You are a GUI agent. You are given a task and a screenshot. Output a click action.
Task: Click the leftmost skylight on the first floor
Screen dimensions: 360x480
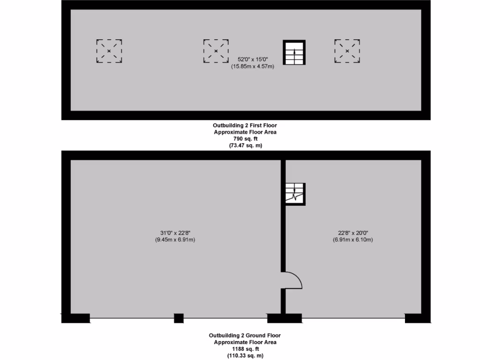[109, 51]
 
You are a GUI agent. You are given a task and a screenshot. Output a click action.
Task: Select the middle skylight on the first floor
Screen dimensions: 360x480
[216, 51]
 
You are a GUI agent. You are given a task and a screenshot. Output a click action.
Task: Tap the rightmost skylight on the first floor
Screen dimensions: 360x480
[347, 51]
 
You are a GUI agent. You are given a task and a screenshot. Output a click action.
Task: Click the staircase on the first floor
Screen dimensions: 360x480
[294, 52]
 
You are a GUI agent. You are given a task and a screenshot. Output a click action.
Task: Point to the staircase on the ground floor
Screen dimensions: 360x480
[295, 194]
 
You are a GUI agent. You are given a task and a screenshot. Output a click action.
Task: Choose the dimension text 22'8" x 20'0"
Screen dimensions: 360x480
[350, 233]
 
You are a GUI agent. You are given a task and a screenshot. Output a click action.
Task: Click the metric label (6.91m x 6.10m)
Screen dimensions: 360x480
[350, 240]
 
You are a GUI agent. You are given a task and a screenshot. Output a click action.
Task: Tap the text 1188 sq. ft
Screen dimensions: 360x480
[244, 349]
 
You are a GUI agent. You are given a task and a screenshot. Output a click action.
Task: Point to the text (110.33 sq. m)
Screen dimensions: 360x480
[244, 356]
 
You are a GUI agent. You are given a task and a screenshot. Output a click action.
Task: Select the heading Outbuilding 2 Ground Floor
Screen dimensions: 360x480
[244, 336]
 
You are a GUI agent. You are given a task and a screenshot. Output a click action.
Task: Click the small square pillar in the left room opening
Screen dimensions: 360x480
[179, 318]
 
